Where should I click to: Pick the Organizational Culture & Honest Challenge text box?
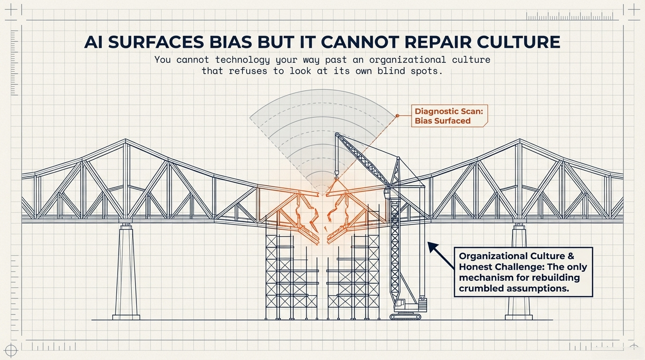coord(523,272)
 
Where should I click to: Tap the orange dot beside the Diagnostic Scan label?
coord(397,115)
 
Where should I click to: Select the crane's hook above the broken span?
coord(336,177)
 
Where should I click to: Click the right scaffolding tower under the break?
coord(354,277)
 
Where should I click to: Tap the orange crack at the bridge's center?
coord(322,216)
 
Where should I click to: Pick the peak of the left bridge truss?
coord(125,141)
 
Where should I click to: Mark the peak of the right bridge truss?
coord(519,141)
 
